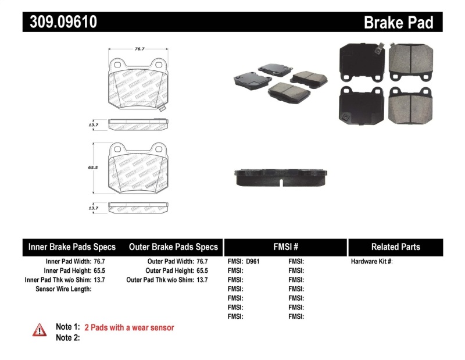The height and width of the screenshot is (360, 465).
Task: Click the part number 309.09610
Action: (x=60, y=22)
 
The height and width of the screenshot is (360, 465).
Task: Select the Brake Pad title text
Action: (x=398, y=23)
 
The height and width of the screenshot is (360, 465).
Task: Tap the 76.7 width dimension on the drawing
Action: (x=139, y=49)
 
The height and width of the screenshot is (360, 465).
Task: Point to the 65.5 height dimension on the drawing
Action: (x=91, y=167)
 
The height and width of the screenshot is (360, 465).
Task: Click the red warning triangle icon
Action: (x=40, y=330)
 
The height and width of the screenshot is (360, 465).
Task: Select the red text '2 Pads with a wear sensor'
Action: (x=129, y=327)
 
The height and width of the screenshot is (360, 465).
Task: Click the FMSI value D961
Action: (x=253, y=262)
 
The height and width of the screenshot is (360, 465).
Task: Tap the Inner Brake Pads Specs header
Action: (x=72, y=247)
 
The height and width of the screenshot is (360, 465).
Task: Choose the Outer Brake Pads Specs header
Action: (x=173, y=247)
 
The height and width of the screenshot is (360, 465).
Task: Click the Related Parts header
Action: (x=395, y=247)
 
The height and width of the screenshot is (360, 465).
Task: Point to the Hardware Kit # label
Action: (x=371, y=262)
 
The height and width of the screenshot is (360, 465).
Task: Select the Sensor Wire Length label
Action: (x=63, y=289)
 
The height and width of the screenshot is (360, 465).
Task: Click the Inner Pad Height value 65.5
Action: (x=99, y=271)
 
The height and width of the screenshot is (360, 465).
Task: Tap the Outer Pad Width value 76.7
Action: (x=202, y=262)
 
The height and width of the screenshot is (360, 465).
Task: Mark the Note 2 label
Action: (x=67, y=338)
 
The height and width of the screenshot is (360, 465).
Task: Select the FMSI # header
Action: (x=285, y=247)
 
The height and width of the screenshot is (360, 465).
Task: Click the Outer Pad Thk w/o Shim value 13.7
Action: (x=202, y=280)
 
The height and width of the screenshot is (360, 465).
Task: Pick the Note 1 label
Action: (x=67, y=327)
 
